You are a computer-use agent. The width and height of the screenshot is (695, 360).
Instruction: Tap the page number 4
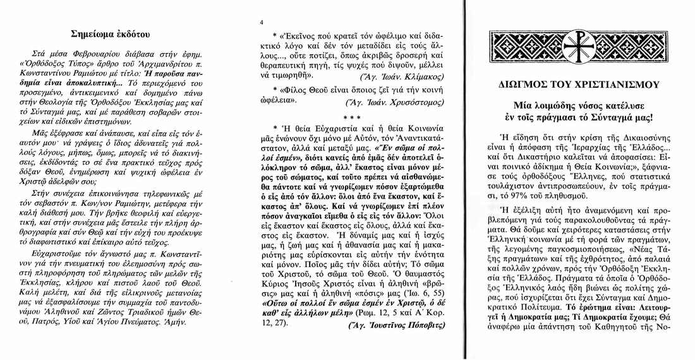click(262, 23)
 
